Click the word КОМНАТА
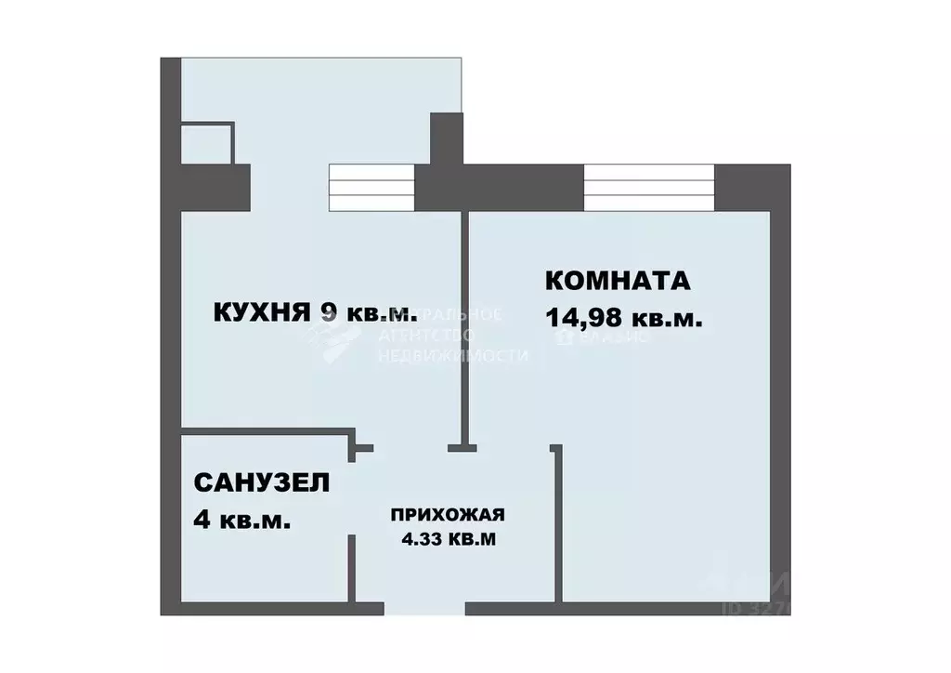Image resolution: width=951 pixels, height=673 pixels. pyautogui.click(x=617, y=281)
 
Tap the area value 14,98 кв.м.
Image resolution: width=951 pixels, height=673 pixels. pyautogui.click(x=623, y=318)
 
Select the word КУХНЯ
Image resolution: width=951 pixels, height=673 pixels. pyautogui.click(x=260, y=311)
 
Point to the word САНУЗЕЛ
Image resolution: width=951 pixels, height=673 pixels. pyautogui.click(x=261, y=482)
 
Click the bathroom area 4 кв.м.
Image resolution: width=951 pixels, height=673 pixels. pyautogui.click(x=241, y=519)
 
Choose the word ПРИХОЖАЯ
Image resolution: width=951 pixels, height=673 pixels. pyautogui.click(x=448, y=515)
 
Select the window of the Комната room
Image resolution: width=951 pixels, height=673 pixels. pyautogui.click(x=649, y=187)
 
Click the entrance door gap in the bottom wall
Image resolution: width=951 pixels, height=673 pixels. pyautogui.click(x=424, y=609)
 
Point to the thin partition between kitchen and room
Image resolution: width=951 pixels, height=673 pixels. pyautogui.click(x=463, y=325)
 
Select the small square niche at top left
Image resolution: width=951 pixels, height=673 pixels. pyautogui.click(x=206, y=142)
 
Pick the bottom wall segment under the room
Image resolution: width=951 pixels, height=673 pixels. pyautogui.click(x=622, y=609)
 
